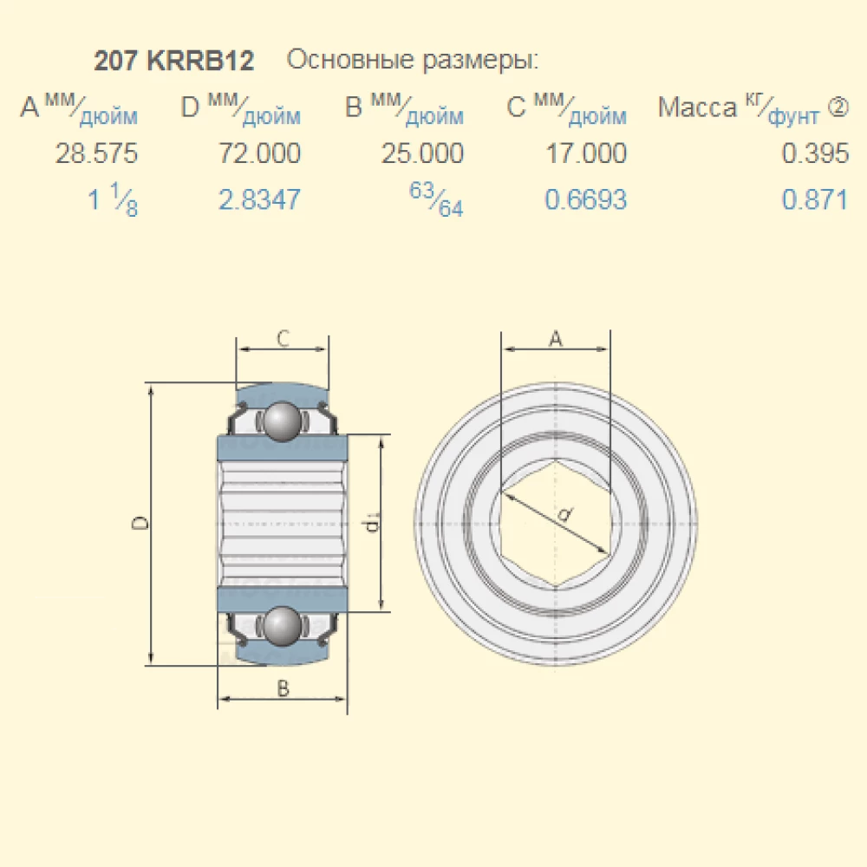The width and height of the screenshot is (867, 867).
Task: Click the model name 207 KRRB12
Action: (173, 62)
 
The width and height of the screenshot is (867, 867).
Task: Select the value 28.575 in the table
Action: (96, 154)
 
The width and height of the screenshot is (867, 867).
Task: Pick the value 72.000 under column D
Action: (260, 154)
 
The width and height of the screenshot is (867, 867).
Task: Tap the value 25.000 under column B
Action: (422, 154)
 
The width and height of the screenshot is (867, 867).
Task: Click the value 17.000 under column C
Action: (585, 154)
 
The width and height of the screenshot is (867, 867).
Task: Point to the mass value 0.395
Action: (815, 154)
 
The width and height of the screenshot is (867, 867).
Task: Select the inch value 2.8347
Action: (260, 200)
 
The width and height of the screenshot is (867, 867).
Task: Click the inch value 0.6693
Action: (585, 200)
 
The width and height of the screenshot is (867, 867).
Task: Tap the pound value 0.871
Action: (815, 200)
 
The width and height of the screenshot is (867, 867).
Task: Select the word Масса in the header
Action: (697, 108)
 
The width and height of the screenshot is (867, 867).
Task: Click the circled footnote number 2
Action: (838, 107)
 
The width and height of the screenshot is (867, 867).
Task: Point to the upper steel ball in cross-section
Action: (283, 421)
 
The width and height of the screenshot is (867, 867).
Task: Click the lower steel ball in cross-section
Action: (283, 626)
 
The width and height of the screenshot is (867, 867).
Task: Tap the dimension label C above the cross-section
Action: (283, 339)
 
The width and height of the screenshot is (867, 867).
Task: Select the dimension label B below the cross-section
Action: (283, 689)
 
